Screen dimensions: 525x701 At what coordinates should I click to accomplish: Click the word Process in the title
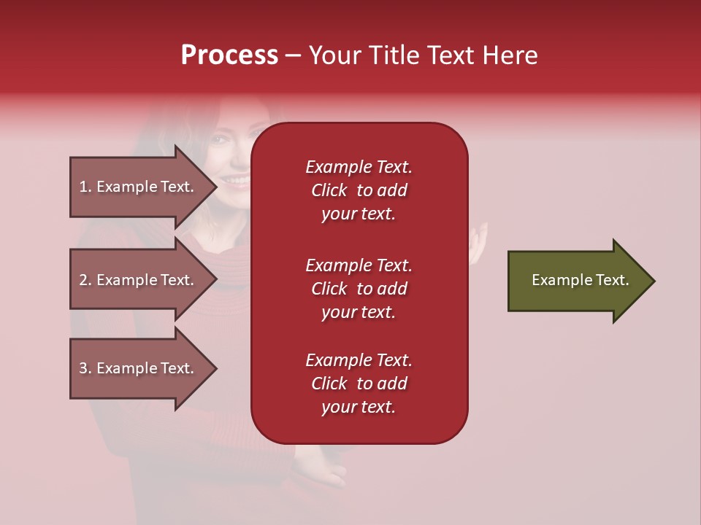229,55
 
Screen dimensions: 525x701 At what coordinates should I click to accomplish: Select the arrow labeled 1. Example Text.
139,187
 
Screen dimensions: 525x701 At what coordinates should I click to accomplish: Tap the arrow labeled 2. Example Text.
139,280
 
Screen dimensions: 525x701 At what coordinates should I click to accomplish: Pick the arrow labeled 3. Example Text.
139,368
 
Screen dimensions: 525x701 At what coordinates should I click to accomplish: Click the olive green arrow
577,281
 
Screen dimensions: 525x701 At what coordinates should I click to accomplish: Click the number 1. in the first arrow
85,187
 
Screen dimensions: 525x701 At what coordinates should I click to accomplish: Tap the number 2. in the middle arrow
85,280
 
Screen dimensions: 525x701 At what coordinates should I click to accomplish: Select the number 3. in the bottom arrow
85,368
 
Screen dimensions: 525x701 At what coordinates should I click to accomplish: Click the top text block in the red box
359,190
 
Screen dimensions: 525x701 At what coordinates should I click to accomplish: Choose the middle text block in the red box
359,289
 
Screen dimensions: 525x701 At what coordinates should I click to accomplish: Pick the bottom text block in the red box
359,384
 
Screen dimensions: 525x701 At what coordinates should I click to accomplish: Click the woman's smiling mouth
235,179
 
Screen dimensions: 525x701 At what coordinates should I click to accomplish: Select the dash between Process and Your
294,55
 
